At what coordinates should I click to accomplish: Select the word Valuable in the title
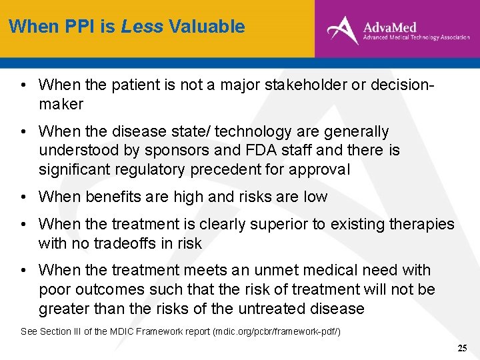(x=207, y=27)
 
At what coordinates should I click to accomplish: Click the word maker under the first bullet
(x=61, y=104)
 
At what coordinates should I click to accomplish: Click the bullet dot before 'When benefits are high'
(x=23, y=197)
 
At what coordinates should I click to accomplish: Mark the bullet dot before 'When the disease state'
(x=23, y=132)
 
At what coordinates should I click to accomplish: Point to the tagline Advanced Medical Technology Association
(x=416, y=38)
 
